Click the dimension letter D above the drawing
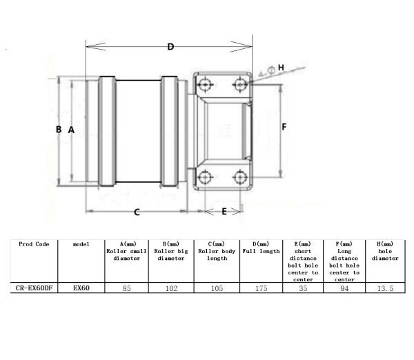coord(170,47)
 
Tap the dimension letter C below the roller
coord(137,212)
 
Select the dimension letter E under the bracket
coord(224,212)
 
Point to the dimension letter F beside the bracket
coord(284,127)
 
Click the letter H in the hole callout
coord(281,68)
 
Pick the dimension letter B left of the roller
coord(59,130)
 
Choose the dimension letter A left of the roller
coord(71,130)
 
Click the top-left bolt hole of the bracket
coord(205,84)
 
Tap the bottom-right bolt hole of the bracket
coord(240,177)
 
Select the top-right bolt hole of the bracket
coord(240,84)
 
